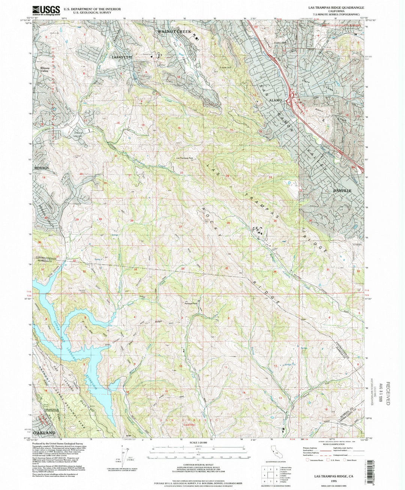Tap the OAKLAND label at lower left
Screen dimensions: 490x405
pyautogui.click(x=47, y=433)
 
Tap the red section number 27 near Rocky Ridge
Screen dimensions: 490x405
pyautogui.click(x=180, y=227)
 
